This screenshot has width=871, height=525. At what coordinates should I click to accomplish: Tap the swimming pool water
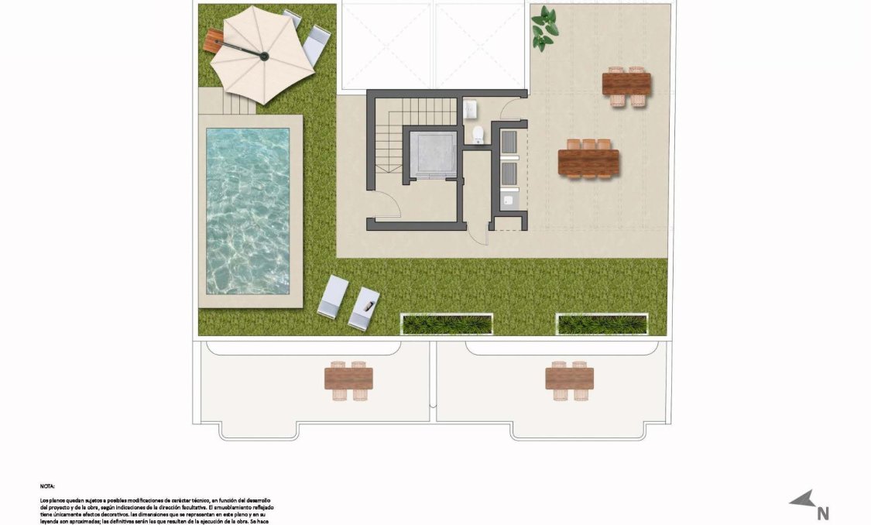coord(247,210)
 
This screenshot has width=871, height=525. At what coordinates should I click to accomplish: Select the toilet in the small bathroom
coord(478,135)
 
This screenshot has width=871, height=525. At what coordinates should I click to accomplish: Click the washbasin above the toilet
coord(470,112)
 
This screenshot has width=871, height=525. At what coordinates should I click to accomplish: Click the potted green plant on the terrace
coord(545,28)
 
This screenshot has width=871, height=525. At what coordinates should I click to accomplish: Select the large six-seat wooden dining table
coord(588,162)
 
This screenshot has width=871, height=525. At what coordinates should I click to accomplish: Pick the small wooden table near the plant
coord(626,84)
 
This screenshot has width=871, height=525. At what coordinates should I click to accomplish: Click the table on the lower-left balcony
coord(349,379)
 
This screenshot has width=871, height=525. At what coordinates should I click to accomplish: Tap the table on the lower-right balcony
coord(569,379)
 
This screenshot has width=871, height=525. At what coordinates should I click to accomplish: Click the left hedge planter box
coord(446,324)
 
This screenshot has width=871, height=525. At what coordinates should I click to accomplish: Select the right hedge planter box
coord(602,324)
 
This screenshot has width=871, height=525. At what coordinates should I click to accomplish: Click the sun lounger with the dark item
coord(364,307)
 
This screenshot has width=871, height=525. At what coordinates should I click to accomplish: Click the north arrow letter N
coord(823,512)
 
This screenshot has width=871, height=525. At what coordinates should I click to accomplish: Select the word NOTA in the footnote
coord(47,486)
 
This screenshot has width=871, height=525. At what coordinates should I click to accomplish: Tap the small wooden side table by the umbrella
coord(213,39)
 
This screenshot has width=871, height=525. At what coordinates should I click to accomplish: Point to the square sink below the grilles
coord(509,201)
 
